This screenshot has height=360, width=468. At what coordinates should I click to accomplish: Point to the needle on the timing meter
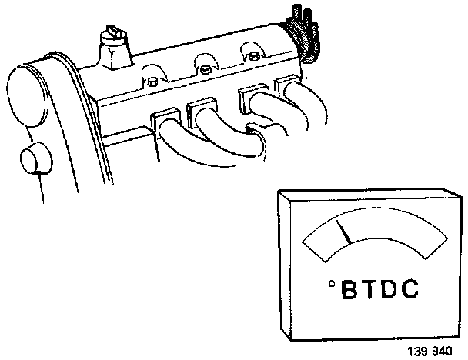tap(344, 232)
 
